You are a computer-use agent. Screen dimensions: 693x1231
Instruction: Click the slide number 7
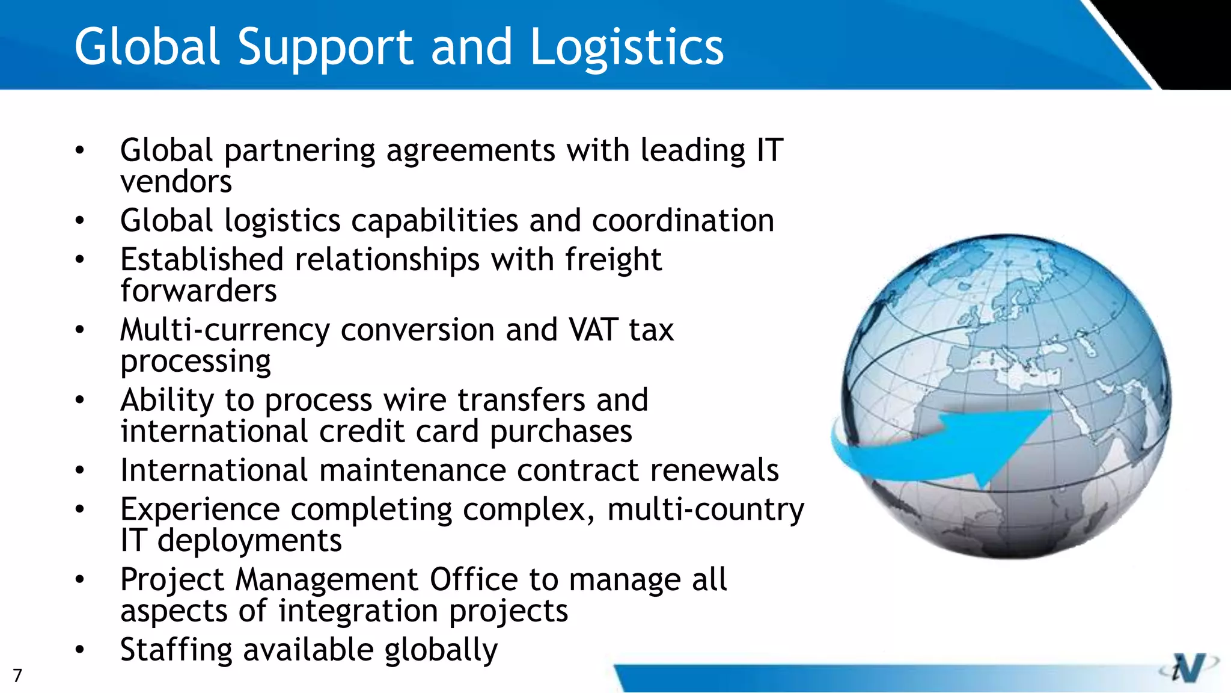click(17, 676)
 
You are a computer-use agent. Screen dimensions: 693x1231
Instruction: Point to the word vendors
click(176, 182)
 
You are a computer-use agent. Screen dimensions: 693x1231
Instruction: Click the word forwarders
click(198, 291)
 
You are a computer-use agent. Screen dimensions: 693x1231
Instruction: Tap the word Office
click(473, 580)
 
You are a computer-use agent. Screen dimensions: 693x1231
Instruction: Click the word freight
click(613, 260)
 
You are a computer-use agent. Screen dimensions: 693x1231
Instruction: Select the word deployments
click(249, 541)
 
